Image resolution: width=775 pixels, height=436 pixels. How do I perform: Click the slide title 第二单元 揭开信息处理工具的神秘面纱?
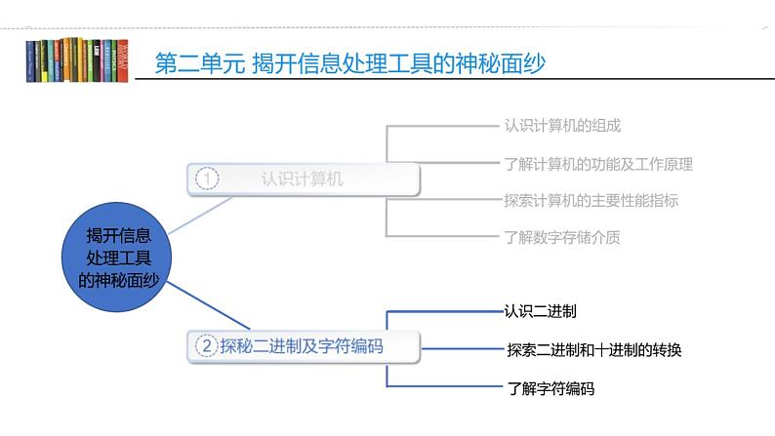point(350,63)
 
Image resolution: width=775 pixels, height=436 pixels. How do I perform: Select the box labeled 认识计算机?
point(303,178)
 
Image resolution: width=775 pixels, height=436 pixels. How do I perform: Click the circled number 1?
point(207,178)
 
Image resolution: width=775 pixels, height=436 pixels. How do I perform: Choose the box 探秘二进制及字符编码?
point(303,345)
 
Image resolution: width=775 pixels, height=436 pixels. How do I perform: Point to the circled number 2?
point(207,345)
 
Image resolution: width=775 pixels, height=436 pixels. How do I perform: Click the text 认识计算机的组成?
point(562,125)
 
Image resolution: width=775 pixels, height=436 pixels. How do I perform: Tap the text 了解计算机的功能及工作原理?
point(597,163)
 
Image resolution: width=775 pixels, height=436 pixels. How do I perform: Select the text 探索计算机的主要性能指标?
point(591,200)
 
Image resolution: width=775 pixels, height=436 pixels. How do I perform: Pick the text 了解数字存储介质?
point(562,236)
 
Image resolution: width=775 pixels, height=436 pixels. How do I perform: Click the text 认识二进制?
point(540,312)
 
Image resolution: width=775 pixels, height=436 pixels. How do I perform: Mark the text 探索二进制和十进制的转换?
point(593,349)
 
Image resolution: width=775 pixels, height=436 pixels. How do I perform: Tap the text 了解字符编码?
point(551,388)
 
